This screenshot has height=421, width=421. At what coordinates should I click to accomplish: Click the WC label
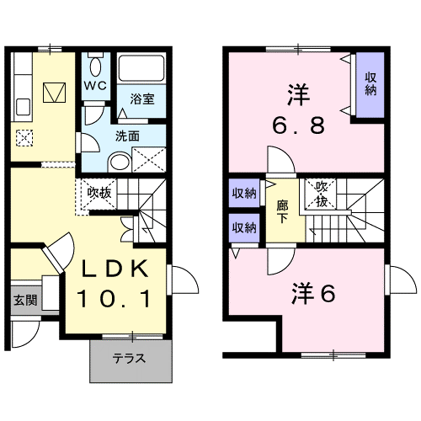point(94,86)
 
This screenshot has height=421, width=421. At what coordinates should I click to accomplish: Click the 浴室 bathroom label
point(141,99)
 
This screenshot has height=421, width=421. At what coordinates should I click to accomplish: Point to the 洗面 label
point(127,135)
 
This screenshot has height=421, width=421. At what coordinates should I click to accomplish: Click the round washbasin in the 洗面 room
point(120,160)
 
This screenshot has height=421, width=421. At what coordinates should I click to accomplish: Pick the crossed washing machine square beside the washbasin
point(148,159)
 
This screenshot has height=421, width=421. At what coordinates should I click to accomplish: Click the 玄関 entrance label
point(24,301)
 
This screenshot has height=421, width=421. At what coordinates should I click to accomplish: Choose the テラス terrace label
point(130,358)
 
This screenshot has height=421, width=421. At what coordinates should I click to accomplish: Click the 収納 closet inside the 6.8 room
point(370,84)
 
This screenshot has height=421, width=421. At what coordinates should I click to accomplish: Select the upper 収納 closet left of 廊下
point(244,193)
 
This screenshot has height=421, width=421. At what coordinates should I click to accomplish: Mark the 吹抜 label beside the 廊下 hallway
point(320,195)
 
